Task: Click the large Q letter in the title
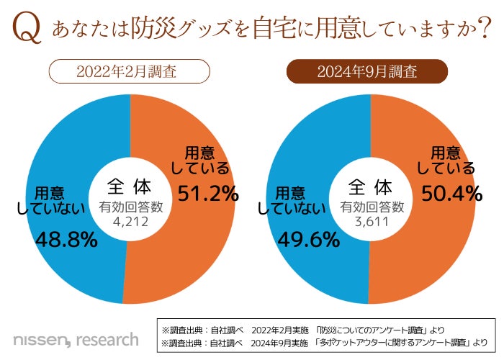pos(26,30)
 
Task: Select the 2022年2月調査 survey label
pos(130,72)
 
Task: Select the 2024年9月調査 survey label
pos(368,72)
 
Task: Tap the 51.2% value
pos(209,193)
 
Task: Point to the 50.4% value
pos(449,193)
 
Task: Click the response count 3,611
pos(369,221)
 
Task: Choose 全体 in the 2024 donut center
pos(369,186)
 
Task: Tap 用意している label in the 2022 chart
pos(202,160)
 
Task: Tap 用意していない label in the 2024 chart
pos(291,201)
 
